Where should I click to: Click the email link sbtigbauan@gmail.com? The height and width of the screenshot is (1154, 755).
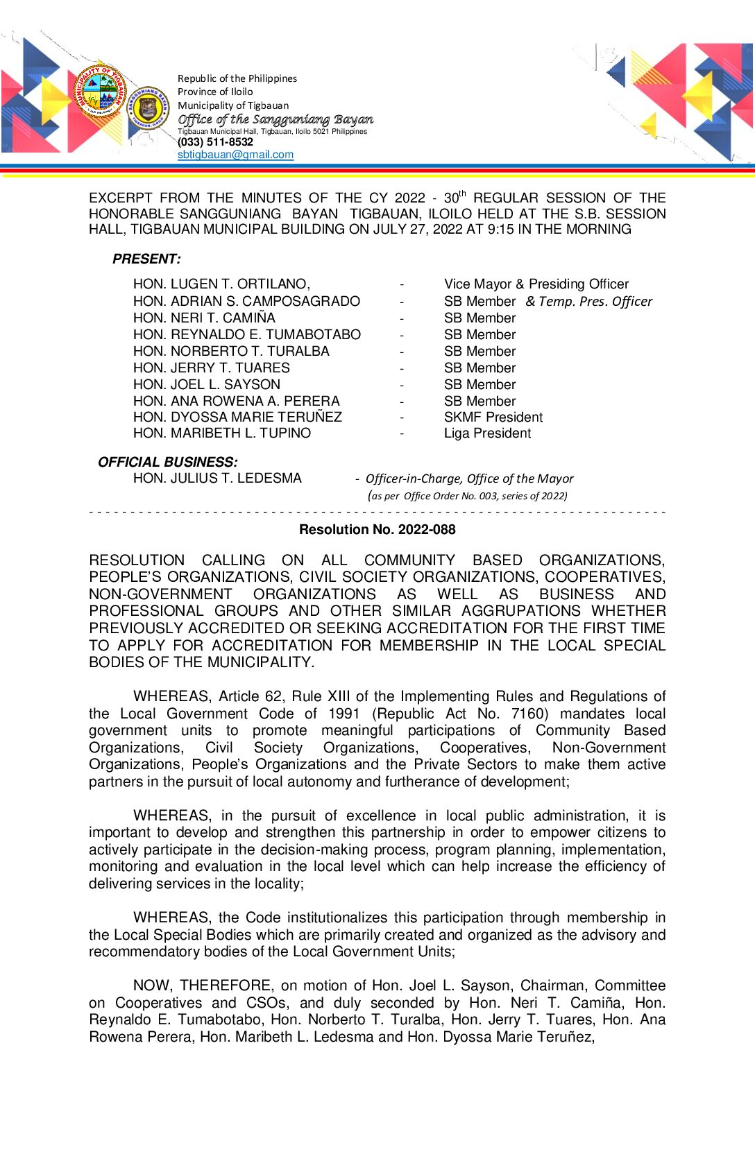[235, 155]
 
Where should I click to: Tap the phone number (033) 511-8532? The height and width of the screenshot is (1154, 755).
[215, 142]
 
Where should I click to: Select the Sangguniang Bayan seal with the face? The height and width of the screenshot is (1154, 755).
[148, 109]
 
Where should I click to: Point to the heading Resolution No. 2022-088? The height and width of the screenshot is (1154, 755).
[377, 530]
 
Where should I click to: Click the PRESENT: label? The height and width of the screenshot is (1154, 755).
[146, 259]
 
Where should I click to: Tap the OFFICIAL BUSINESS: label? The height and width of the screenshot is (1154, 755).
[167, 462]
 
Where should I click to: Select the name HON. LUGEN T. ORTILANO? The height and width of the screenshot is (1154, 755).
[221, 284]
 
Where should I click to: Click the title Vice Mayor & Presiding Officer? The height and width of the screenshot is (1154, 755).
[536, 284]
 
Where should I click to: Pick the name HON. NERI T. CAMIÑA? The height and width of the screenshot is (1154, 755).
[204, 318]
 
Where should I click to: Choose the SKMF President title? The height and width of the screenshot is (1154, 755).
[493, 417]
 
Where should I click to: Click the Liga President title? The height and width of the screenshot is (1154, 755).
[487, 433]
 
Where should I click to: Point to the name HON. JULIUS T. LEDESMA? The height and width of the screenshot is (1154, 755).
[217, 479]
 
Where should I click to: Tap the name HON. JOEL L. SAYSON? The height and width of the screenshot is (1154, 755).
[207, 384]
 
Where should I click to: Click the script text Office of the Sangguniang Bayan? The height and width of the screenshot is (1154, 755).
[275, 119]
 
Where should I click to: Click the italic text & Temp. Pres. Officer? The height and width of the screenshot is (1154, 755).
[588, 302]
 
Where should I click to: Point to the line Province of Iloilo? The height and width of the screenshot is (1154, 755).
[215, 92]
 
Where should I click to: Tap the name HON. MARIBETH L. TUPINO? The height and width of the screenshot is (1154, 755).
[222, 433]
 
